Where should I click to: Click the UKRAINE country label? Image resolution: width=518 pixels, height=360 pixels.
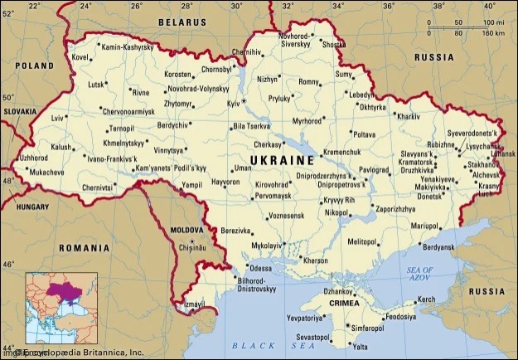(x=283, y=159)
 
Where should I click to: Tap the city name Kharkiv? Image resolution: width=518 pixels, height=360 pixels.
(x=409, y=117)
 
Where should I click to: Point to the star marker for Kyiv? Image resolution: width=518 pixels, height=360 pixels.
(x=244, y=101)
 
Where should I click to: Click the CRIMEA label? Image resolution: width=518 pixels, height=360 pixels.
(x=345, y=304)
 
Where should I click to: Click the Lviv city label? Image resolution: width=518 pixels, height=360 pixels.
(x=57, y=119)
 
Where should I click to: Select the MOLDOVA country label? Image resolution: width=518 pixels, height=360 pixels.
(x=186, y=228)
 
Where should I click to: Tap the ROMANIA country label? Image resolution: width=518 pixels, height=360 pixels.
(x=84, y=247)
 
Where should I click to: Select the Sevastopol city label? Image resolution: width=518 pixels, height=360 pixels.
(x=312, y=338)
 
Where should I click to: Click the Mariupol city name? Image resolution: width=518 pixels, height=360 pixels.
(x=424, y=225)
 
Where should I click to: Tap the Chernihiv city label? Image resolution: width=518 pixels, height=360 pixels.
(x=246, y=51)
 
